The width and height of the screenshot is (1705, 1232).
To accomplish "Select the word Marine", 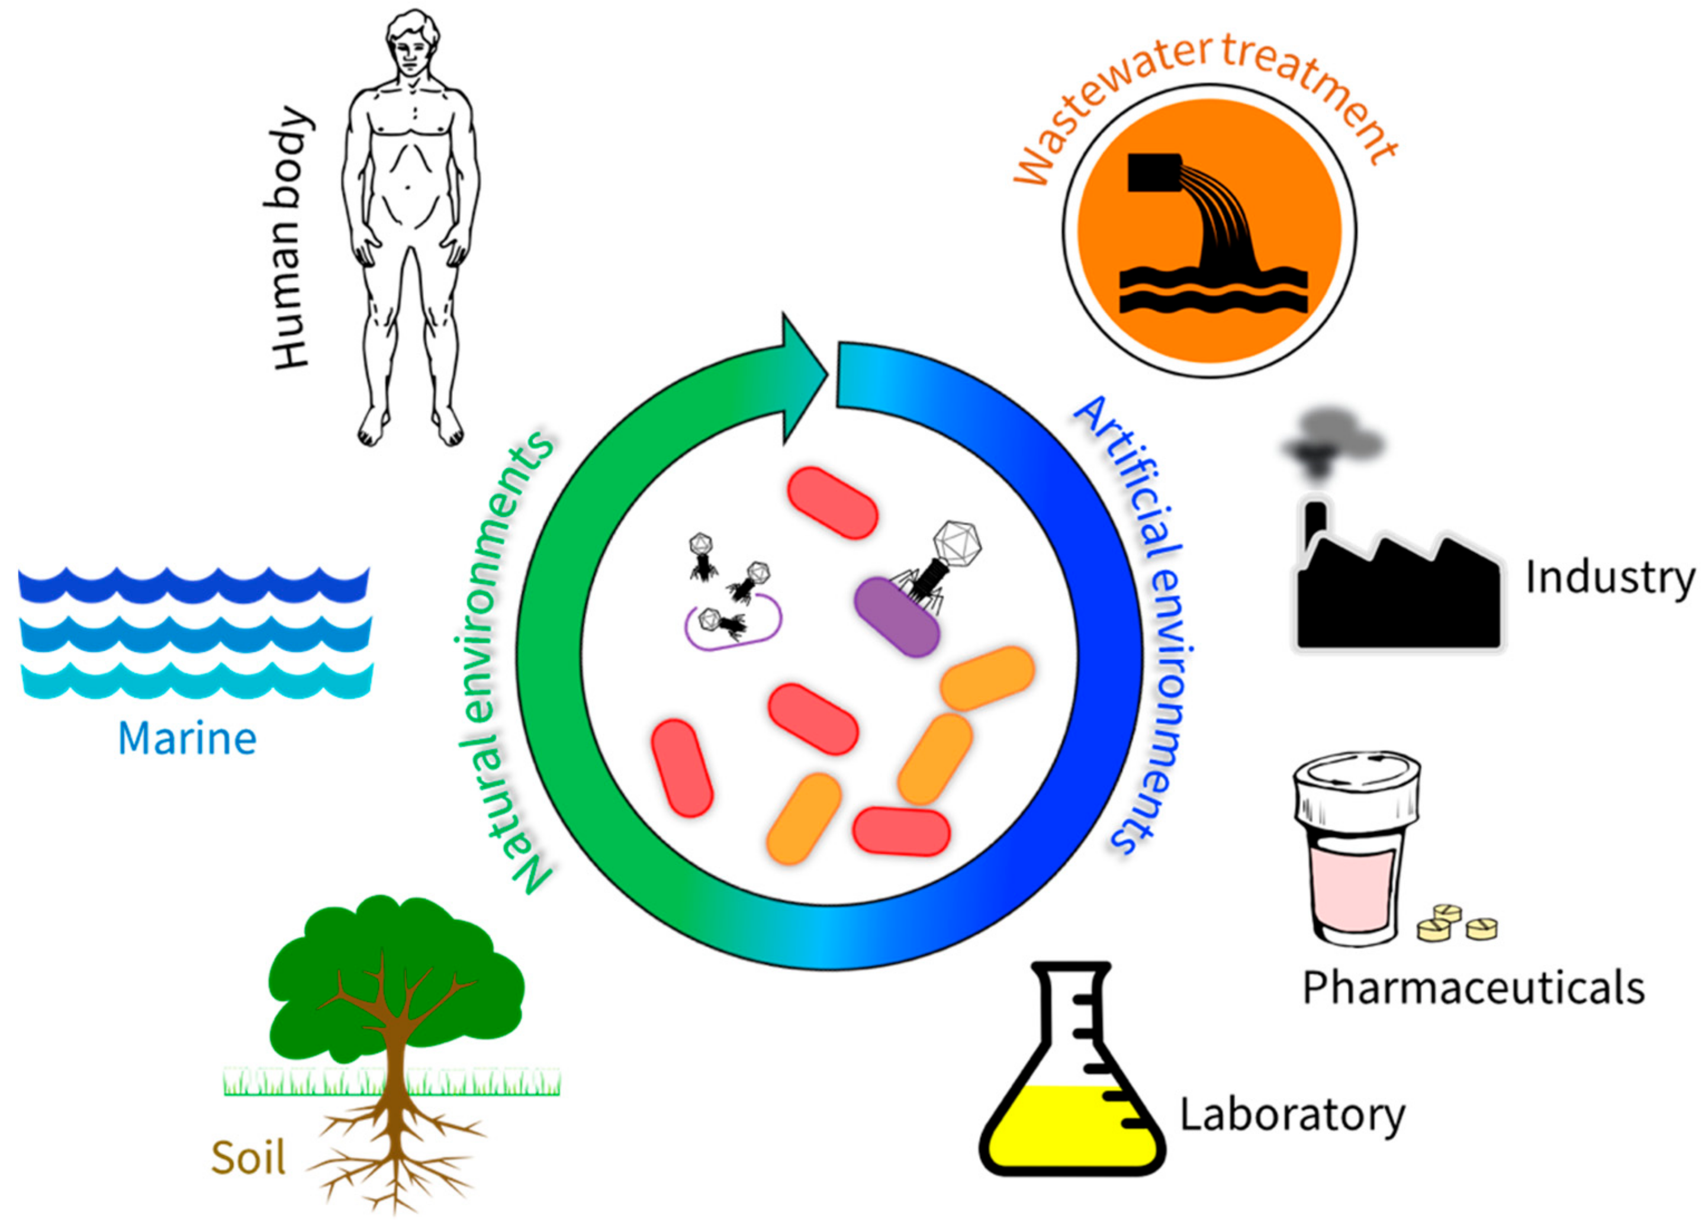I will pyautogui.click(x=187, y=739).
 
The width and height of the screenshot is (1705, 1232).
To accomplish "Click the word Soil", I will pyautogui.click(x=248, y=1157).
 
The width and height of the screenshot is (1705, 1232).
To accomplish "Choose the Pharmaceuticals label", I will pyautogui.click(x=1474, y=987).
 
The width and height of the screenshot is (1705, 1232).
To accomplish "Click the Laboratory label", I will pyautogui.click(x=1292, y=1115).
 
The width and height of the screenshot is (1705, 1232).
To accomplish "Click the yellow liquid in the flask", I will pyautogui.click(x=1067, y=1128).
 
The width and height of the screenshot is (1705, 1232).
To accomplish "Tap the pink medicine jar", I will pyautogui.click(x=1353, y=887).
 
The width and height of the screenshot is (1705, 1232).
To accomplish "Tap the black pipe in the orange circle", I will pyautogui.click(x=1153, y=173).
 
